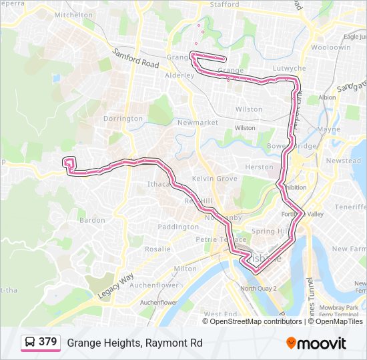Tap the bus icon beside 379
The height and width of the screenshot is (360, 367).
click(30, 342)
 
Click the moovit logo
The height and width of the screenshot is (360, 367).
click(316, 343)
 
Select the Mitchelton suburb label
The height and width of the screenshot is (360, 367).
click(73, 15)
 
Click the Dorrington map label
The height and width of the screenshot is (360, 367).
click(123, 119)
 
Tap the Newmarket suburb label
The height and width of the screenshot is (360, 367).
click(198, 123)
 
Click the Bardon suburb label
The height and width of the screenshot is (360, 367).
click(92, 220)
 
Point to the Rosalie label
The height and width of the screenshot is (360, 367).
click(157, 249)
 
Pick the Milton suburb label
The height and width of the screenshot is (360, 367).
click(184, 269)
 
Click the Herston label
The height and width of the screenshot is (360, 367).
click(259, 167)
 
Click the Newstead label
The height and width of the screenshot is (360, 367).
click(343, 161)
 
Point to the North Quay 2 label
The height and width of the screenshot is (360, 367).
click(258, 288)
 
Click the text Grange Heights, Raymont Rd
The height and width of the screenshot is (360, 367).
click(134, 343)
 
